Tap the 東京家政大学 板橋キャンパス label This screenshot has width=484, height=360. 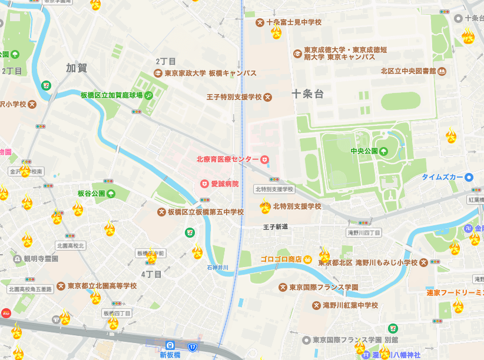[x=210, y=74]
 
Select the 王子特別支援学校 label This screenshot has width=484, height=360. [x=234, y=96]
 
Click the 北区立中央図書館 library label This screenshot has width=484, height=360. [x=408, y=71]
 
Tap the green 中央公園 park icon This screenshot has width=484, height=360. [x=384, y=151]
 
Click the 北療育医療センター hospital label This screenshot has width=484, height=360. [x=227, y=159]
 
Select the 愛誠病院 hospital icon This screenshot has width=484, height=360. [x=205, y=184]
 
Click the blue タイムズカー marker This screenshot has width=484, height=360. [x=469, y=177]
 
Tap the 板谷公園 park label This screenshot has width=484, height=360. [x=91, y=194]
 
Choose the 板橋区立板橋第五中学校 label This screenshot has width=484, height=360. [x=205, y=212]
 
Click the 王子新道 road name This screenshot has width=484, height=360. [x=275, y=226]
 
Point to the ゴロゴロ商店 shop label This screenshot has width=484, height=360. [x=281, y=259]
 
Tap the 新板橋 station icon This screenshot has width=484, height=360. [x=170, y=345]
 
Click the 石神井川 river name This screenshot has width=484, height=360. [x=217, y=268]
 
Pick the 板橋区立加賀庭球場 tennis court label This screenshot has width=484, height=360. [x=112, y=95]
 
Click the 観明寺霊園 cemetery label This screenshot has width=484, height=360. [x=41, y=258]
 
